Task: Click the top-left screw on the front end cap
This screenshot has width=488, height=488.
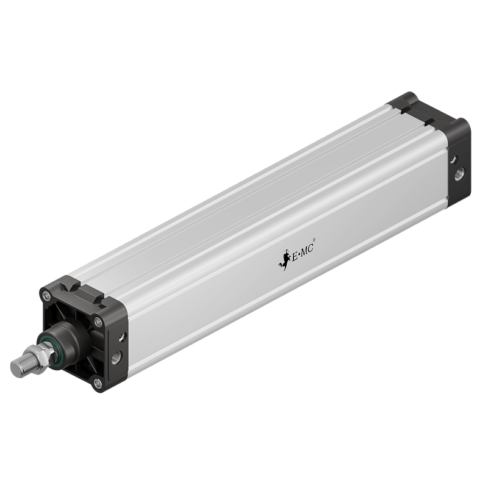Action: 47,297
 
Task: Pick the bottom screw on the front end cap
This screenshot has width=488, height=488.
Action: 97,382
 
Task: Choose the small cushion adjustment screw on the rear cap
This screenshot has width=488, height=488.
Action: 453,159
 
